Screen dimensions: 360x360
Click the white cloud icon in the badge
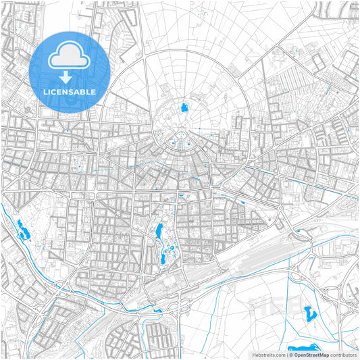coord(70,57)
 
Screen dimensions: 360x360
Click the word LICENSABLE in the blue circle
coord(70,92)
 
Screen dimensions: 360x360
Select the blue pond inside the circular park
coord(183,107)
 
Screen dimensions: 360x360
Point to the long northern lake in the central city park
coord(160,232)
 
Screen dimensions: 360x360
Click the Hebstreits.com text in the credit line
coord(269,355)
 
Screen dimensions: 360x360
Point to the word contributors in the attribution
coord(344,355)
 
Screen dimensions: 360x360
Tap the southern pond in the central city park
coord(165,258)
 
